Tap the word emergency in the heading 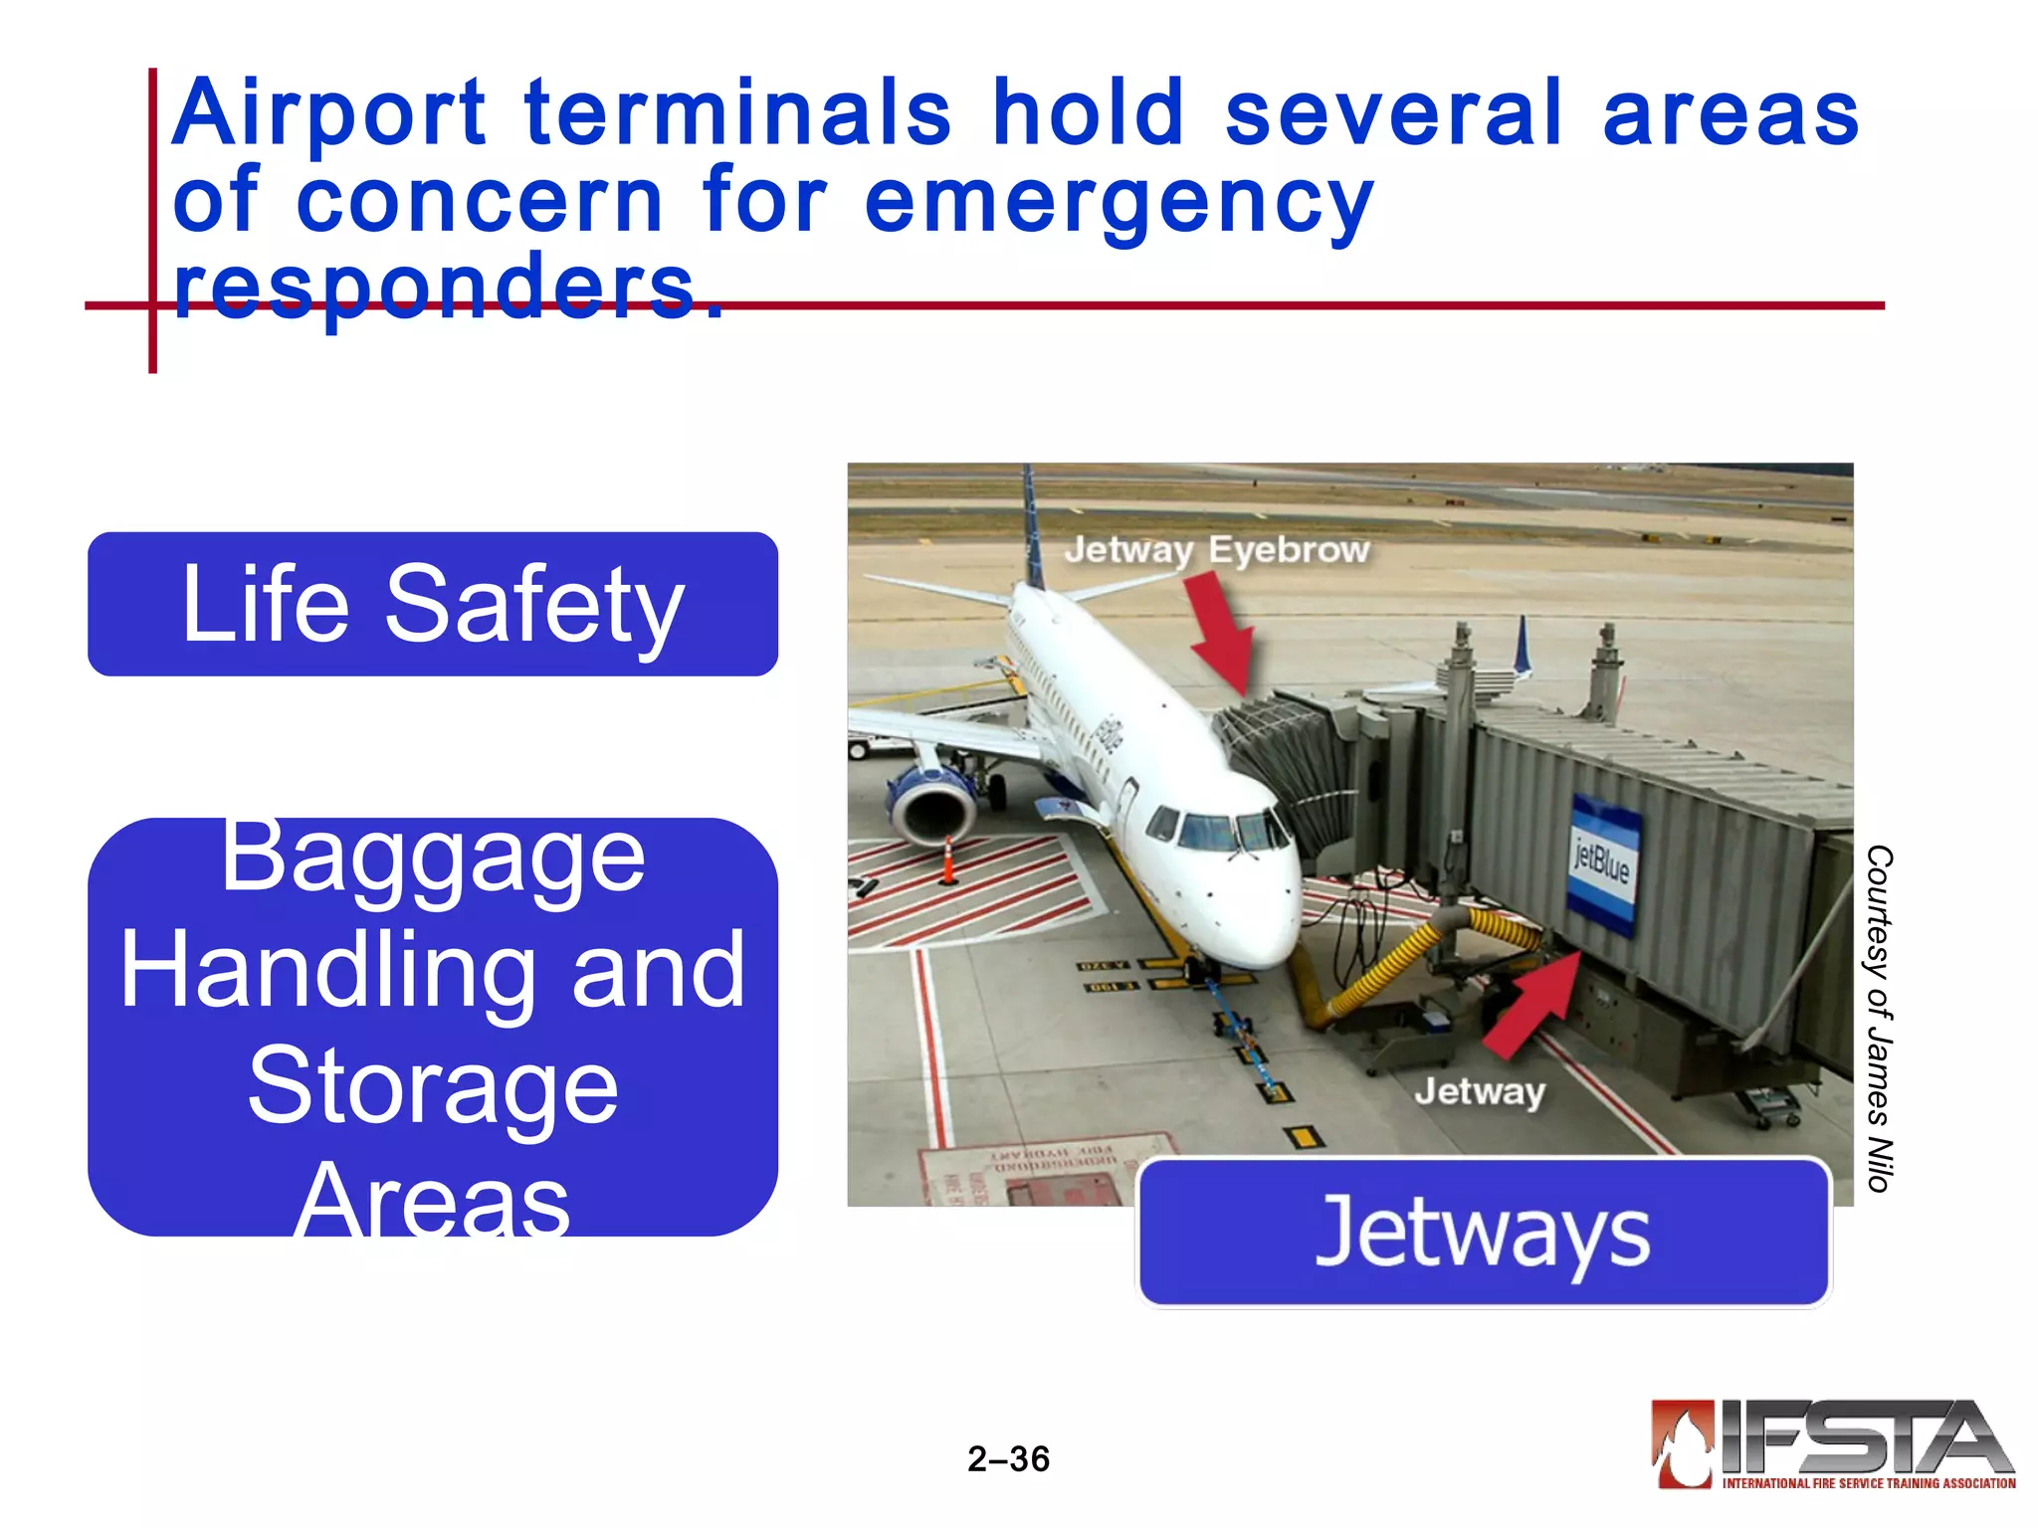tap(1119, 202)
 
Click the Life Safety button tap(433, 604)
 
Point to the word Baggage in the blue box tap(433, 858)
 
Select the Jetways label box tap(1483, 1233)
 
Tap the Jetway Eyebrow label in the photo tap(1216, 550)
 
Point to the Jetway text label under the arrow tap(1480, 1092)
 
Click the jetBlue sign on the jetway tap(1601, 860)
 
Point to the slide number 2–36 tap(1008, 1458)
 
